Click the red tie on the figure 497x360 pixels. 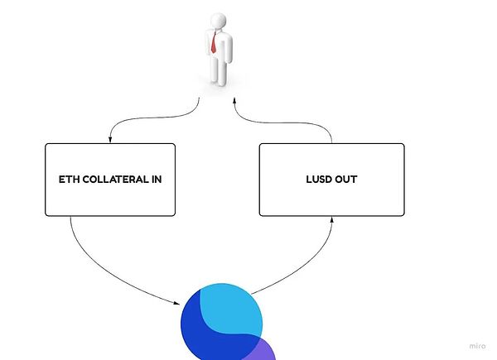pyautogui.click(x=214, y=42)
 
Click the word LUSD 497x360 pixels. pyautogui.click(x=318, y=179)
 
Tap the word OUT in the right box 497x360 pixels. pyautogui.click(x=347, y=179)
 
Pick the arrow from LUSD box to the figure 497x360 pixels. pyautogui.click(x=282, y=116)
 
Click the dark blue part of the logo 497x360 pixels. pyautogui.click(x=199, y=331)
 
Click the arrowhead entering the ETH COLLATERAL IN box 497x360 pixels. pyautogui.click(x=110, y=139)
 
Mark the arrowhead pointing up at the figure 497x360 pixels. pyautogui.click(x=234, y=103)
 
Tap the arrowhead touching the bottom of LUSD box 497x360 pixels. pyautogui.click(x=331, y=219)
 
